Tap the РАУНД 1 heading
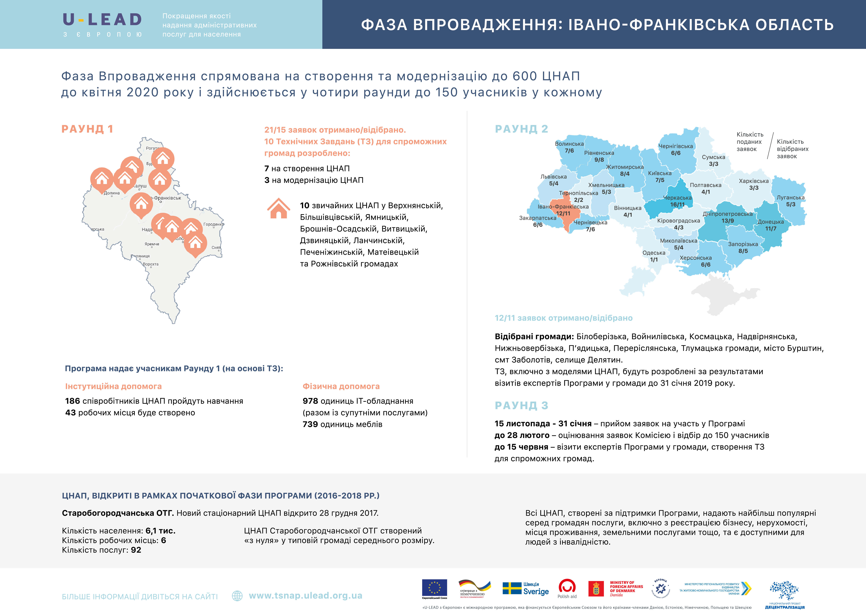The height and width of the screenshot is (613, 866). click(x=87, y=129)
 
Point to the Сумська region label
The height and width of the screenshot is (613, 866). click(x=713, y=157)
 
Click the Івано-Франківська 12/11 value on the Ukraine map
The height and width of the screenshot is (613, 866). click(x=563, y=213)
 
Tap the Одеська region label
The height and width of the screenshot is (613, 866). click(x=654, y=253)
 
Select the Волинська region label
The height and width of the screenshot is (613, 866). click(x=569, y=144)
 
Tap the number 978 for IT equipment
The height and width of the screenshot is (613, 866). click(x=310, y=401)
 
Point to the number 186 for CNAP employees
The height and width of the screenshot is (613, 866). click(x=72, y=401)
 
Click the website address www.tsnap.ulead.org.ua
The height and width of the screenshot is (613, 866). click(x=306, y=596)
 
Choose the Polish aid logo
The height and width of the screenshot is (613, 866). click(x=567, y=588)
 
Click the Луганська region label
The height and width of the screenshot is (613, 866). click(x=791, y=197)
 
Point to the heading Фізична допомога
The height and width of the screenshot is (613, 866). click(x=341, y=386)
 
